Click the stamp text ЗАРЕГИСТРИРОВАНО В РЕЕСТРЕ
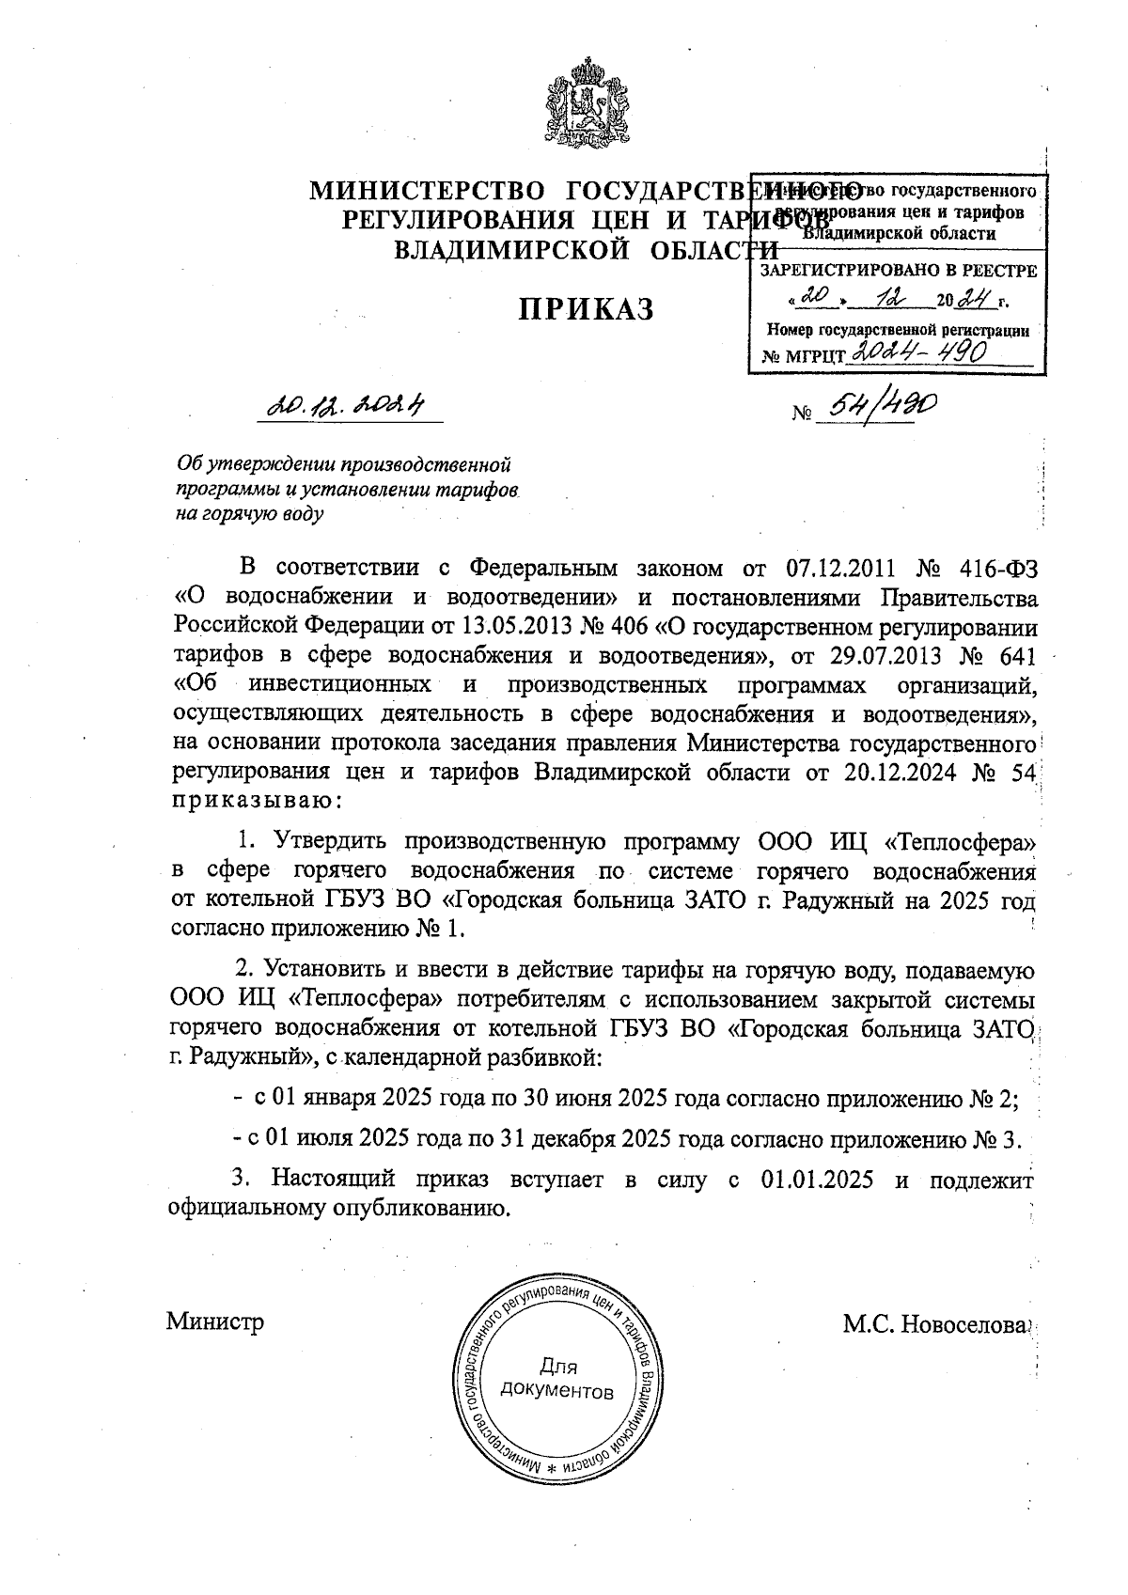[x=898, y=272]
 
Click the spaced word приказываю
[x=258, y=801]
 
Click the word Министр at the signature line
[x=214, y=1321]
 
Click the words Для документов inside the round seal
[x=558, y=1378]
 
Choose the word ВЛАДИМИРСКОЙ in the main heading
[x=494, y=250]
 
